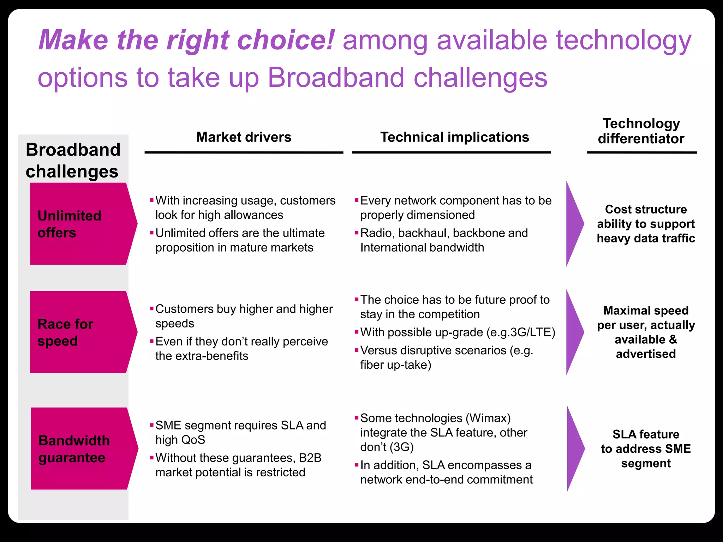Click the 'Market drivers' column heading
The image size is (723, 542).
tap(244, 137)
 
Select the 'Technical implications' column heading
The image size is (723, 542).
tap(454, 137)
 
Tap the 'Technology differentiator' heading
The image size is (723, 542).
tap(641, 131)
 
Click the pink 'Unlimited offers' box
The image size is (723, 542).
tap(79, 224)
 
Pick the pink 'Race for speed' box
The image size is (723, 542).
tap(79, 332)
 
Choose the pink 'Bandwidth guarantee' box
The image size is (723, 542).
tap(80, 448)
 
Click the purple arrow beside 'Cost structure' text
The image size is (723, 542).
tap(574, 224)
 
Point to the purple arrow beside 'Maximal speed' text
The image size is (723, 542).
tap(574, 332)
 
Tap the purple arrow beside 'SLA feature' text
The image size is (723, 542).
tap(574, 448)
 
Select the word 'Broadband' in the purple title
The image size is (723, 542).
tap(336, 77)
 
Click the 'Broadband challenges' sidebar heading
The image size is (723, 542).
tap(73, 161)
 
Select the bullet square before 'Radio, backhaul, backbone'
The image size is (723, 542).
tap(356, 233)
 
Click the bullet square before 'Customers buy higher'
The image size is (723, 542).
tap(151, 309)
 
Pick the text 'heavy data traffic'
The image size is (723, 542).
tap(646, 239)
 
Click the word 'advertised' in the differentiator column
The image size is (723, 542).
tap(646, 354)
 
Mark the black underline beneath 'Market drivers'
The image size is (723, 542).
tap(244, 152)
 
